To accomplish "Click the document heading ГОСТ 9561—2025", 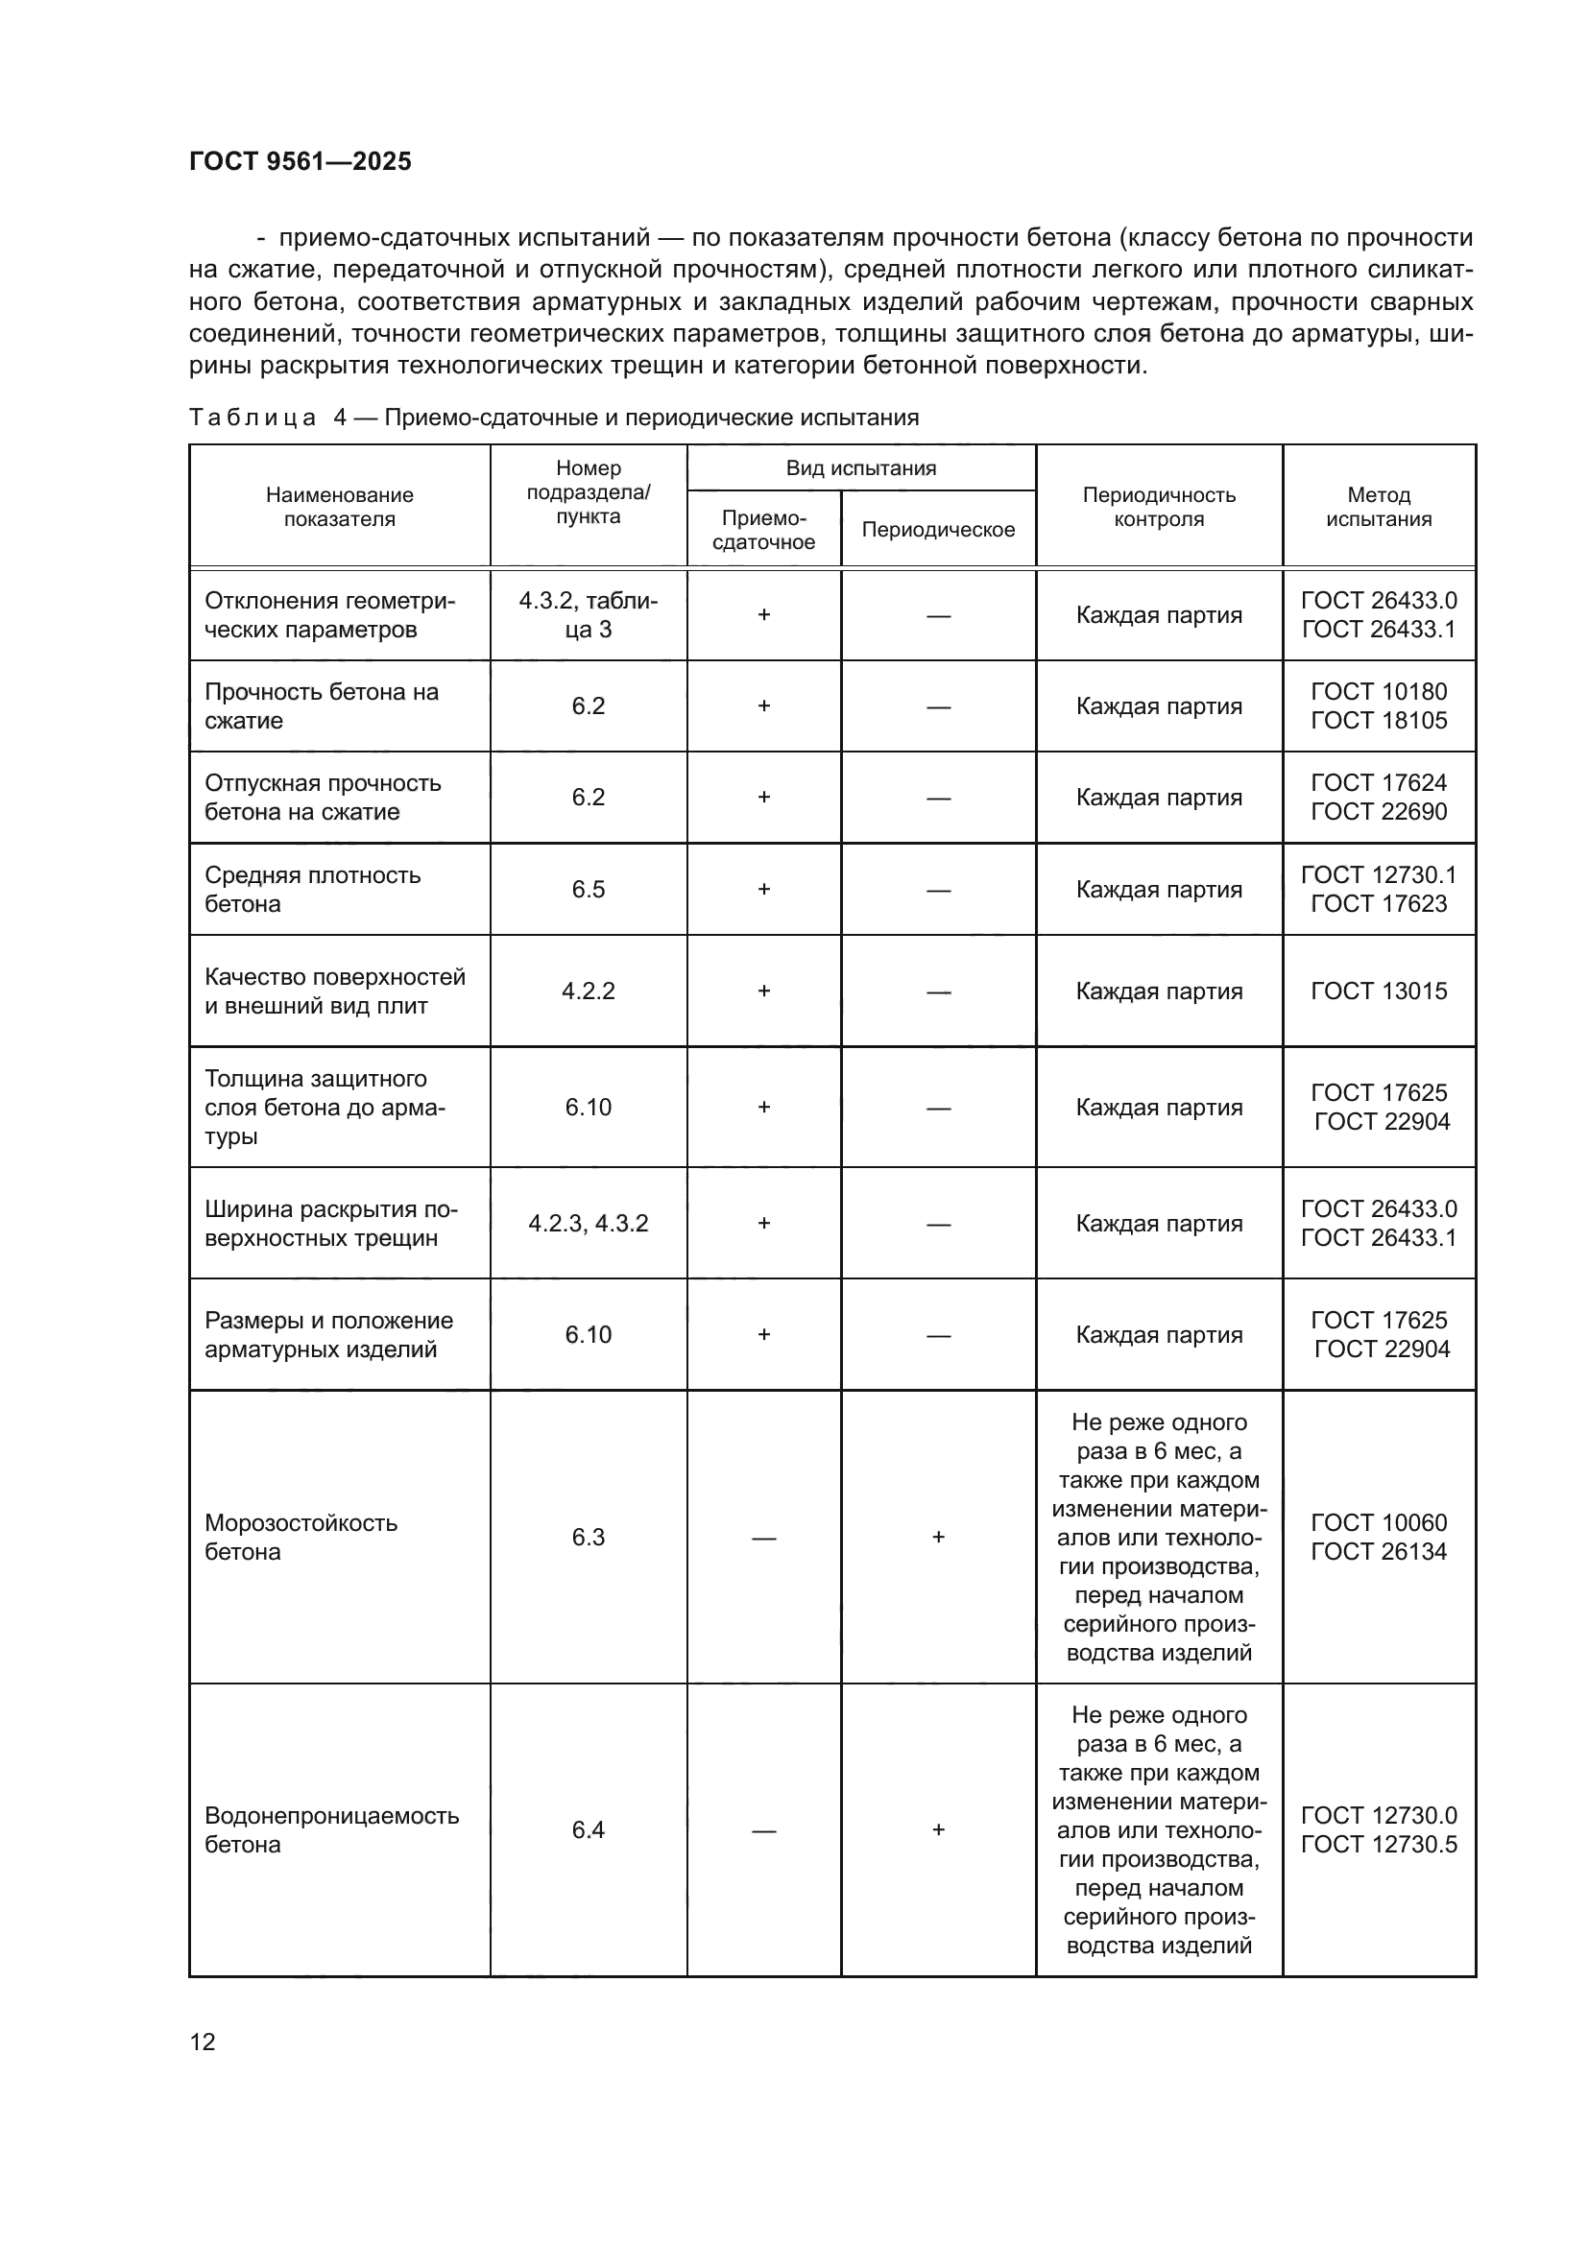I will point(301,161).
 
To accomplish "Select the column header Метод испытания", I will point(1378,507).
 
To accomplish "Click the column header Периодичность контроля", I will point(1159,507).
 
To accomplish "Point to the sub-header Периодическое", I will point(938,529).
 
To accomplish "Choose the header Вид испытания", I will point(860,467).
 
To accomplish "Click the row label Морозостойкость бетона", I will point(301,1537).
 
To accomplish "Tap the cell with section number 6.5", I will point(588,889).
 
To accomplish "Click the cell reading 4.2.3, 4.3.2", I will point(588,1223).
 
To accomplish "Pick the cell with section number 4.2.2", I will point(588,991).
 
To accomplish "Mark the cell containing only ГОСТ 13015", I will point(1378,991).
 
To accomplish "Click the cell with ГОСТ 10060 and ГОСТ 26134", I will point(1378,1537).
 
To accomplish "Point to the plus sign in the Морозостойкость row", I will point(938,1537).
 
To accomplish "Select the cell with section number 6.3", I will point(588,1537).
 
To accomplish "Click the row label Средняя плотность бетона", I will point(313,889).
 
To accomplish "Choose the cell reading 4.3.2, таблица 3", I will point(588,615).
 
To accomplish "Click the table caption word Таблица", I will point(253,418).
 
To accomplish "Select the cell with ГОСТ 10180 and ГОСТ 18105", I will point(1378,706).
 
